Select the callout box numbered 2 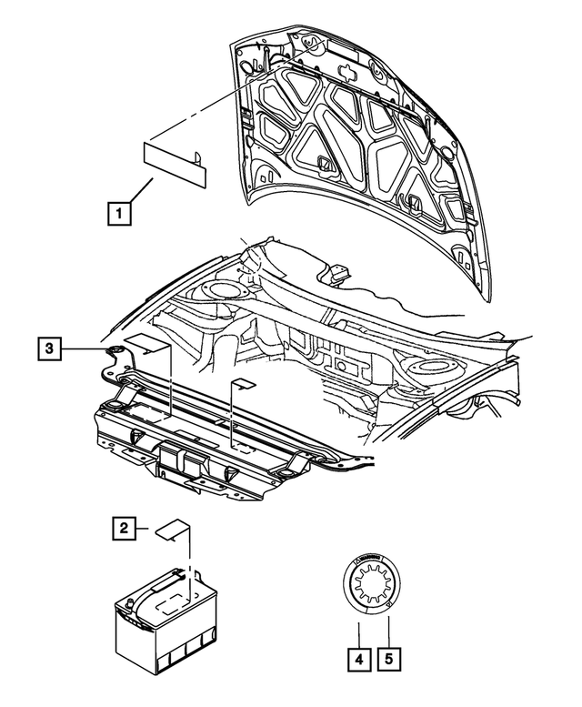coord(125,527)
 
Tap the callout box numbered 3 coord(51,348)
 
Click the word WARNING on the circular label coord(371,558)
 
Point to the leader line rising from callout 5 coord(390,628)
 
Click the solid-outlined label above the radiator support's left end coord(146,344)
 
